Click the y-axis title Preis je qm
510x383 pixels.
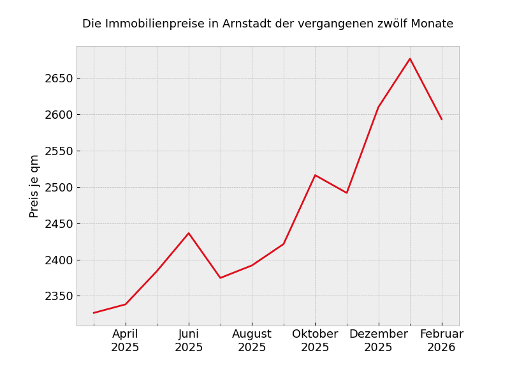34,186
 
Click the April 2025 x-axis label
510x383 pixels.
125,341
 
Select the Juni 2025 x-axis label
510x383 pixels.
189,341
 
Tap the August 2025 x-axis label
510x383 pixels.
252,341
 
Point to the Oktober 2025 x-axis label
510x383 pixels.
315,341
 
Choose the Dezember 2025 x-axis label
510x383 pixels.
378,341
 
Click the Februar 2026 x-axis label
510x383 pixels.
441,341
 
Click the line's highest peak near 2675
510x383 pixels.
410,59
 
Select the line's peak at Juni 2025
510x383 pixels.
189,233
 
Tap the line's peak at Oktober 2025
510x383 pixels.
315,175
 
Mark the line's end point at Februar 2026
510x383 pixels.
441,119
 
